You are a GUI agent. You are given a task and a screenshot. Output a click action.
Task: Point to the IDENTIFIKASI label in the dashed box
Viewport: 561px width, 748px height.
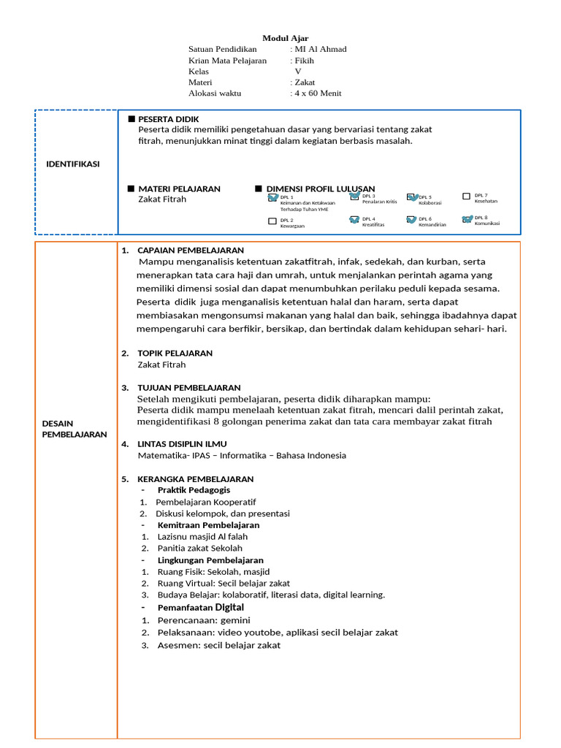73,164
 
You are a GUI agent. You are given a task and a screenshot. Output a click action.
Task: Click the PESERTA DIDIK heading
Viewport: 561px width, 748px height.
169,119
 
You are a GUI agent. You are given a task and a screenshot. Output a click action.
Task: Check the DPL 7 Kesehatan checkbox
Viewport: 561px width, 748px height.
467,196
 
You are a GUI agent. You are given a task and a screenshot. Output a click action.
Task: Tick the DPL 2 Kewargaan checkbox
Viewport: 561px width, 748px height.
272,221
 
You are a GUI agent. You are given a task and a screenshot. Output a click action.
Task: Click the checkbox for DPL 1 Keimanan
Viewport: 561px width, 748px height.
272,197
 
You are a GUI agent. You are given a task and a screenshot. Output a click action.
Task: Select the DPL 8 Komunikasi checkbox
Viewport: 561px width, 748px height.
467,218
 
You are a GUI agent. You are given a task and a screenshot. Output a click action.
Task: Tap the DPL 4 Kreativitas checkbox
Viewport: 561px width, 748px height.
354,219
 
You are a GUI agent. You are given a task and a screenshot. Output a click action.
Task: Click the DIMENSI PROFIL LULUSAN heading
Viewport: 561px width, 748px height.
320,188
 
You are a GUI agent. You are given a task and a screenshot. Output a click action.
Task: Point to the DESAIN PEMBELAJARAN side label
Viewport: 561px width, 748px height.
75,429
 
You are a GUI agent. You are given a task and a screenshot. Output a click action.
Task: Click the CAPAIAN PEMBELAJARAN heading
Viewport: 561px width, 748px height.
191,251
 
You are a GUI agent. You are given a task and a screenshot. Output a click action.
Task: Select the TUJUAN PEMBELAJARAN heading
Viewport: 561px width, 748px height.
189,387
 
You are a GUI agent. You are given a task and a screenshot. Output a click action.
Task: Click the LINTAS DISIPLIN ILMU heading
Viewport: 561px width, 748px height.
182,443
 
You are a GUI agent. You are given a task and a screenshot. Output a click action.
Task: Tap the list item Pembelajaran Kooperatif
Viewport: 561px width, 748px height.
206,502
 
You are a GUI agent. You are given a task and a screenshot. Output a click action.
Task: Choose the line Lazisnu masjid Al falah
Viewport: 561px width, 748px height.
202,536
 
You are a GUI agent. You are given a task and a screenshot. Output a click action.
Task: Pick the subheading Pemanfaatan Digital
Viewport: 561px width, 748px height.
201,607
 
